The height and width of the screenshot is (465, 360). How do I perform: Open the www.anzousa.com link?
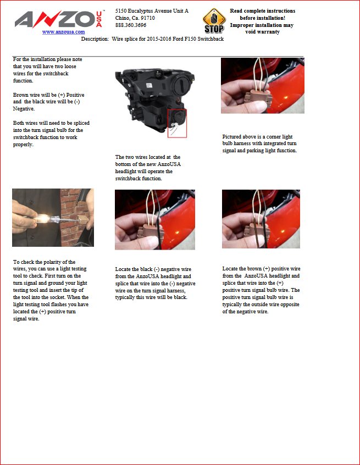63,32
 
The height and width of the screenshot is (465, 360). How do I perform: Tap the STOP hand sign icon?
214,21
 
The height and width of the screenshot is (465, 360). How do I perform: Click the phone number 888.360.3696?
131,25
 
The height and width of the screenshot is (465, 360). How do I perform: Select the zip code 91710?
148,18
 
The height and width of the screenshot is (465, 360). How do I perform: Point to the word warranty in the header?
269,32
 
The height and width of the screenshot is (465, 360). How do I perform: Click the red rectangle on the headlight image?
178,123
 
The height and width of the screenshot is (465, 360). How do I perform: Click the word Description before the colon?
95,39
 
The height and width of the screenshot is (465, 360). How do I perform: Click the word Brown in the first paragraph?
20,95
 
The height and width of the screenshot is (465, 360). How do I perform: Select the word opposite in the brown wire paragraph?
290,305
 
